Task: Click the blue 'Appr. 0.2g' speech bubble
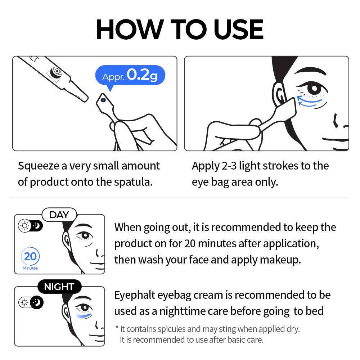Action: [x=130, y=76]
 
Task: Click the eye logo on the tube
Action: [x=56, y=72]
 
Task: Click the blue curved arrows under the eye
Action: [x=309, y=102]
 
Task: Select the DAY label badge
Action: [x=59, y=215]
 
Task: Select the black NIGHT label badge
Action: [x=59, y=287]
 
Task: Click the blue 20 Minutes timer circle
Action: [x=31, y=257]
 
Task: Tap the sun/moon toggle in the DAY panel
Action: [x=31, y=226]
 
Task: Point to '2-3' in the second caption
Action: [x=228, y=166]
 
